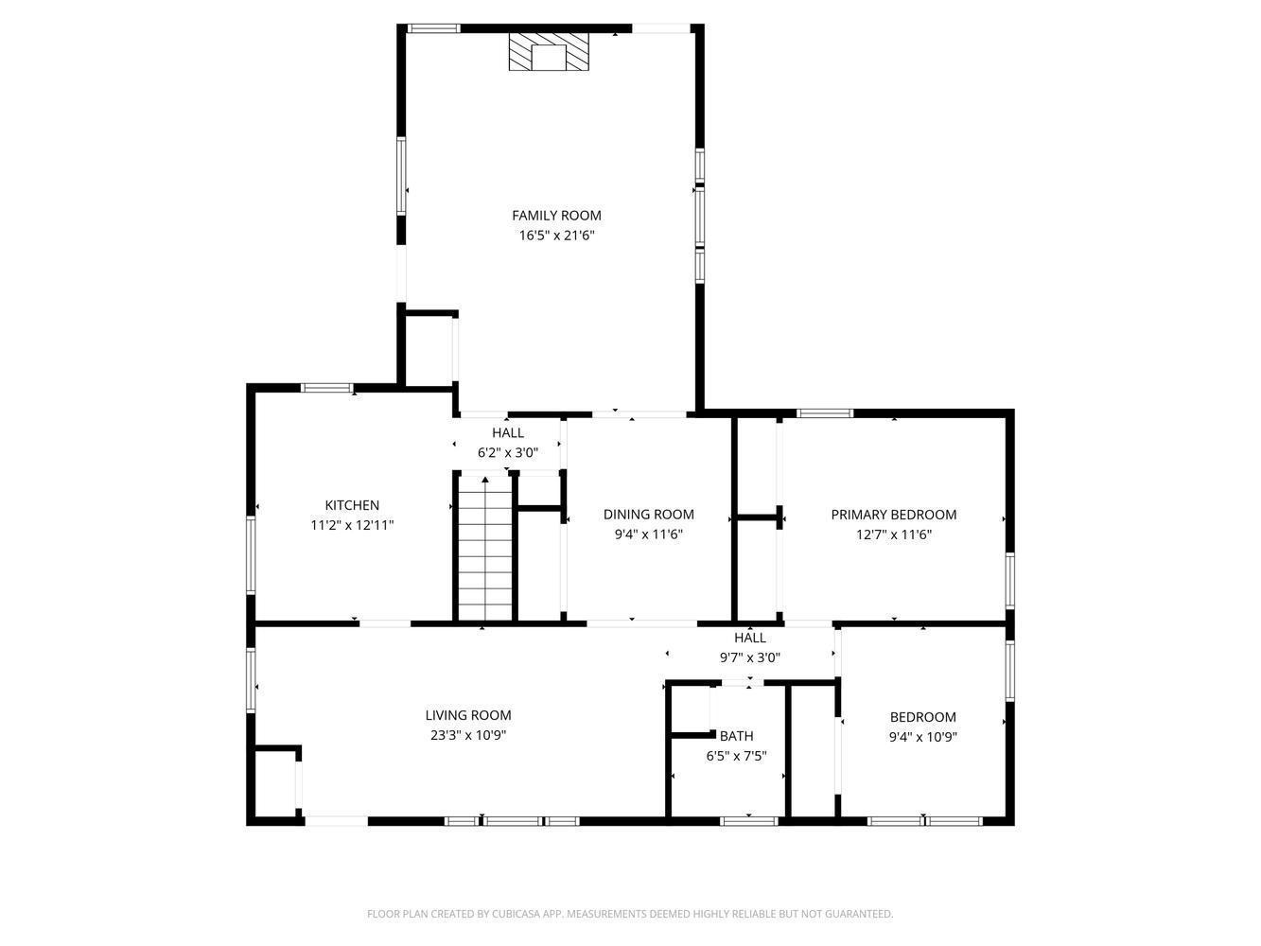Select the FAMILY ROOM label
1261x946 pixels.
click(x=556, y=216)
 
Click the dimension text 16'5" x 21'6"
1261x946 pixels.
click(x=556, y=236)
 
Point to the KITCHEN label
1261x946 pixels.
click(x=352, y=505)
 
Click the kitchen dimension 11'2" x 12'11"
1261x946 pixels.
click(x=352, y=525)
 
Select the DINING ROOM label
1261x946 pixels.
click(x=648, y=515)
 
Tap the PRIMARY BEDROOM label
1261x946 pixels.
click(x=893, y=515)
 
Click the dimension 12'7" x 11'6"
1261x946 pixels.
click(x=893, y=534)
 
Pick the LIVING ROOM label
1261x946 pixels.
click(x=467, y=715)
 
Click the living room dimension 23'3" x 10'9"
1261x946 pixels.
click(x=467, y=735)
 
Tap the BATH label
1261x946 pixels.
click(x=736, y=736)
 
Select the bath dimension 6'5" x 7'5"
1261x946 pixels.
click(x=736, y=756)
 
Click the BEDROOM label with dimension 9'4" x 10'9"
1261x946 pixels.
click(x=922, y=717)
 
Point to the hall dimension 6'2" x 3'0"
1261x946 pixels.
click(x=507, y=453)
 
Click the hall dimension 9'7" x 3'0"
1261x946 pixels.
click(x=749, y=657)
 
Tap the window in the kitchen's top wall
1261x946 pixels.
click(x=327, y=388)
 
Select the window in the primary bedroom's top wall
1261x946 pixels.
click(x=825, y=413)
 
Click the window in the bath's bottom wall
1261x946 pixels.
click(x=748, y=821)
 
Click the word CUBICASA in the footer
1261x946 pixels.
click(x=540, y=914)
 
